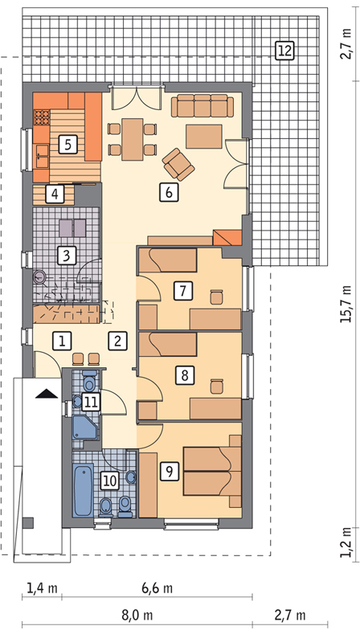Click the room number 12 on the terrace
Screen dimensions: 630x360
[x=284, y=51]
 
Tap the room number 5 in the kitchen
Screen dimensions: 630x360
[x=67, y=145]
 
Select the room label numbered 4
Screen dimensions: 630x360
[x=54, y=194]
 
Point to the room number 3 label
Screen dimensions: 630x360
[x=67, y=256]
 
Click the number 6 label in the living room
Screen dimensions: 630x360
[x=167, y=192]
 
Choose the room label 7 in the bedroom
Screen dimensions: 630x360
[x=182, y=290]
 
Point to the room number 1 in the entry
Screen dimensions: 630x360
[x=62, y=340]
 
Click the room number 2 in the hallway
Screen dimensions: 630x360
[x=117, y=340]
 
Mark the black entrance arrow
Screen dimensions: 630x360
[x=47, y=393]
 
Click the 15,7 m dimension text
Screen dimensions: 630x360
[x=346, y=304]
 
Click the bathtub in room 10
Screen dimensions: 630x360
[x=82, y=489]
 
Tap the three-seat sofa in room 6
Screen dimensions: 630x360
[x=205, y=107]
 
